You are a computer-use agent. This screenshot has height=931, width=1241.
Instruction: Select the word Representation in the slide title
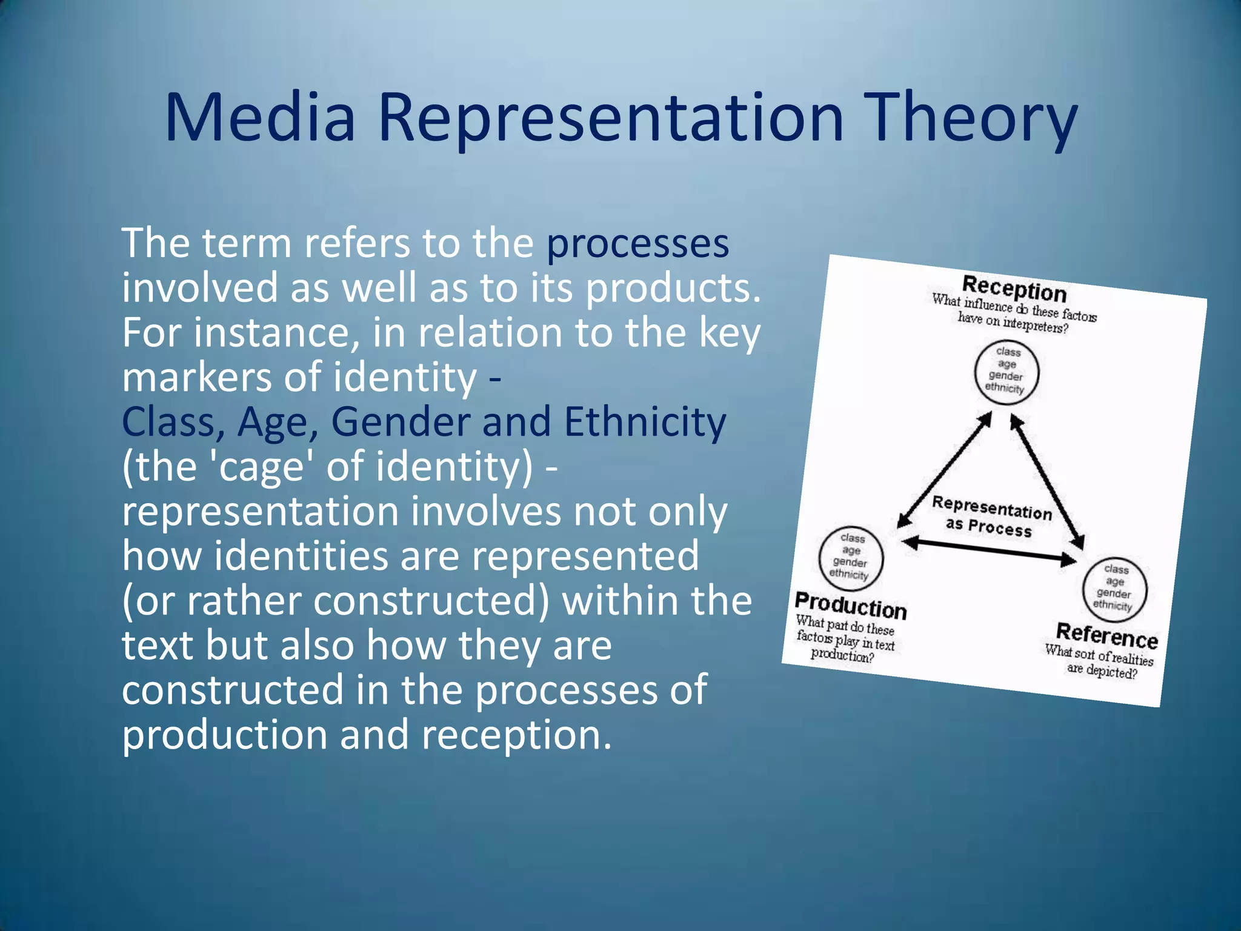click(610, 118)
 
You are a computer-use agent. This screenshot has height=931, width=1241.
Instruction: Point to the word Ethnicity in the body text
click(645, 422)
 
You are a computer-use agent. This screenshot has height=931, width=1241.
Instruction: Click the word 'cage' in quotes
click(262, 467)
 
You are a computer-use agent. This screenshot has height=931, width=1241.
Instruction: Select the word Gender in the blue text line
click(401, 422)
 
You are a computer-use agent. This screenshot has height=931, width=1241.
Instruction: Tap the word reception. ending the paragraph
click(516, 735)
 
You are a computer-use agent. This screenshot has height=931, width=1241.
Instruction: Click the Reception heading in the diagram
click(1014, 288)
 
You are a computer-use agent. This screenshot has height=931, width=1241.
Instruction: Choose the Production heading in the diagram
click(850, 605)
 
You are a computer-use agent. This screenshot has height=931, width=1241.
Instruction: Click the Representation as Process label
click(990, 517)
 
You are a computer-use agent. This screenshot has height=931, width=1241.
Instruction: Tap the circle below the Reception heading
click(1006, 371)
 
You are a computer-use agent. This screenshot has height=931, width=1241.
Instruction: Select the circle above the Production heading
click(851, 556)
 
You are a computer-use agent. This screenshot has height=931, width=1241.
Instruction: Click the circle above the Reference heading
click(1114, 588)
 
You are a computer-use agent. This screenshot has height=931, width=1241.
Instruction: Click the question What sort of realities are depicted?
click(1099, 662)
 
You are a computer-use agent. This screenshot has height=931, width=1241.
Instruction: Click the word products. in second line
click(673, 289)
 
